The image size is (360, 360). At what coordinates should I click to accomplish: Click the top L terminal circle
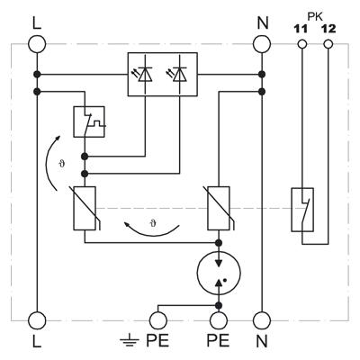click(x=37, y=44)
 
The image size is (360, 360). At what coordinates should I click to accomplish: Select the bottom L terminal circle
click(x=37, y=320)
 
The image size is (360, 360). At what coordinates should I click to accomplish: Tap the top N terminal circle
click(x=262, y=44)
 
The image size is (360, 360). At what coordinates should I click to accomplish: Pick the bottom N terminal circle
click(x=262, y=320)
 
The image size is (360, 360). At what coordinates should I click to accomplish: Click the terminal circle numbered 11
click(x=302, y=44)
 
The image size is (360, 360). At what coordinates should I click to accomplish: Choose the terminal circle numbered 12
click(x=328, y=44)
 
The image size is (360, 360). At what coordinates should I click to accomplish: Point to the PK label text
click(x=315, y=17)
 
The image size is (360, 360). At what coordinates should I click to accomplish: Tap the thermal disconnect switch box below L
click(x=89, y=121)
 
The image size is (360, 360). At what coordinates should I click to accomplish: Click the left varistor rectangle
click(x=85, y=209)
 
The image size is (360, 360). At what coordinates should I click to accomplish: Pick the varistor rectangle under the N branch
click(x=219, y=209)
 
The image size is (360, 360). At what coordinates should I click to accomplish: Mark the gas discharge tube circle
click(x=219, y=273)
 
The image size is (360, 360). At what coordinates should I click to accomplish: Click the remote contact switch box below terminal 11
click(x=302, y=210)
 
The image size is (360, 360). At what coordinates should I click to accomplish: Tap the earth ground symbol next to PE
click(x=130, y=341)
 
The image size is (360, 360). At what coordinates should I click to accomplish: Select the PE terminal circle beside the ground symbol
click(x=157, y=320)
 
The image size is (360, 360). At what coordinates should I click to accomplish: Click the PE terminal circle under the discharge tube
click(x=219, y=320)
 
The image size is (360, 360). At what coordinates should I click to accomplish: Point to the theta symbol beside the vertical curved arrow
click(x=62, y=164)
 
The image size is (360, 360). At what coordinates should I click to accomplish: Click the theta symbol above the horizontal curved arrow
click(x=153, y=223)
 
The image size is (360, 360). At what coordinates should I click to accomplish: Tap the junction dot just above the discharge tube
click(x=219, y=242)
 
